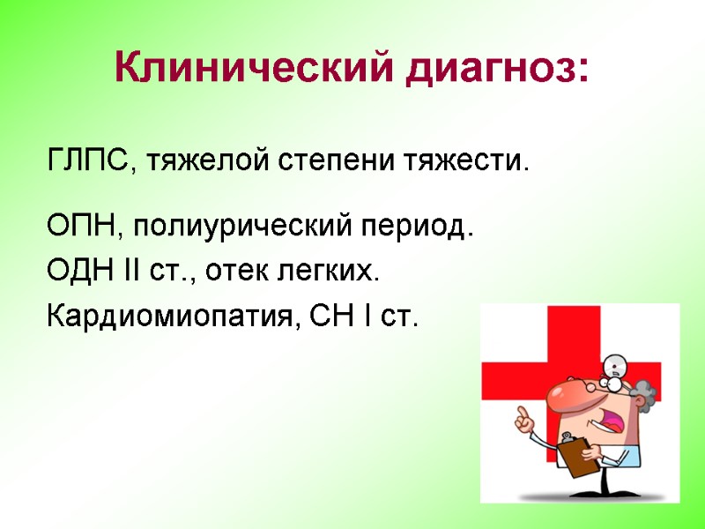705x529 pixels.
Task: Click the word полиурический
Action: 234,228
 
